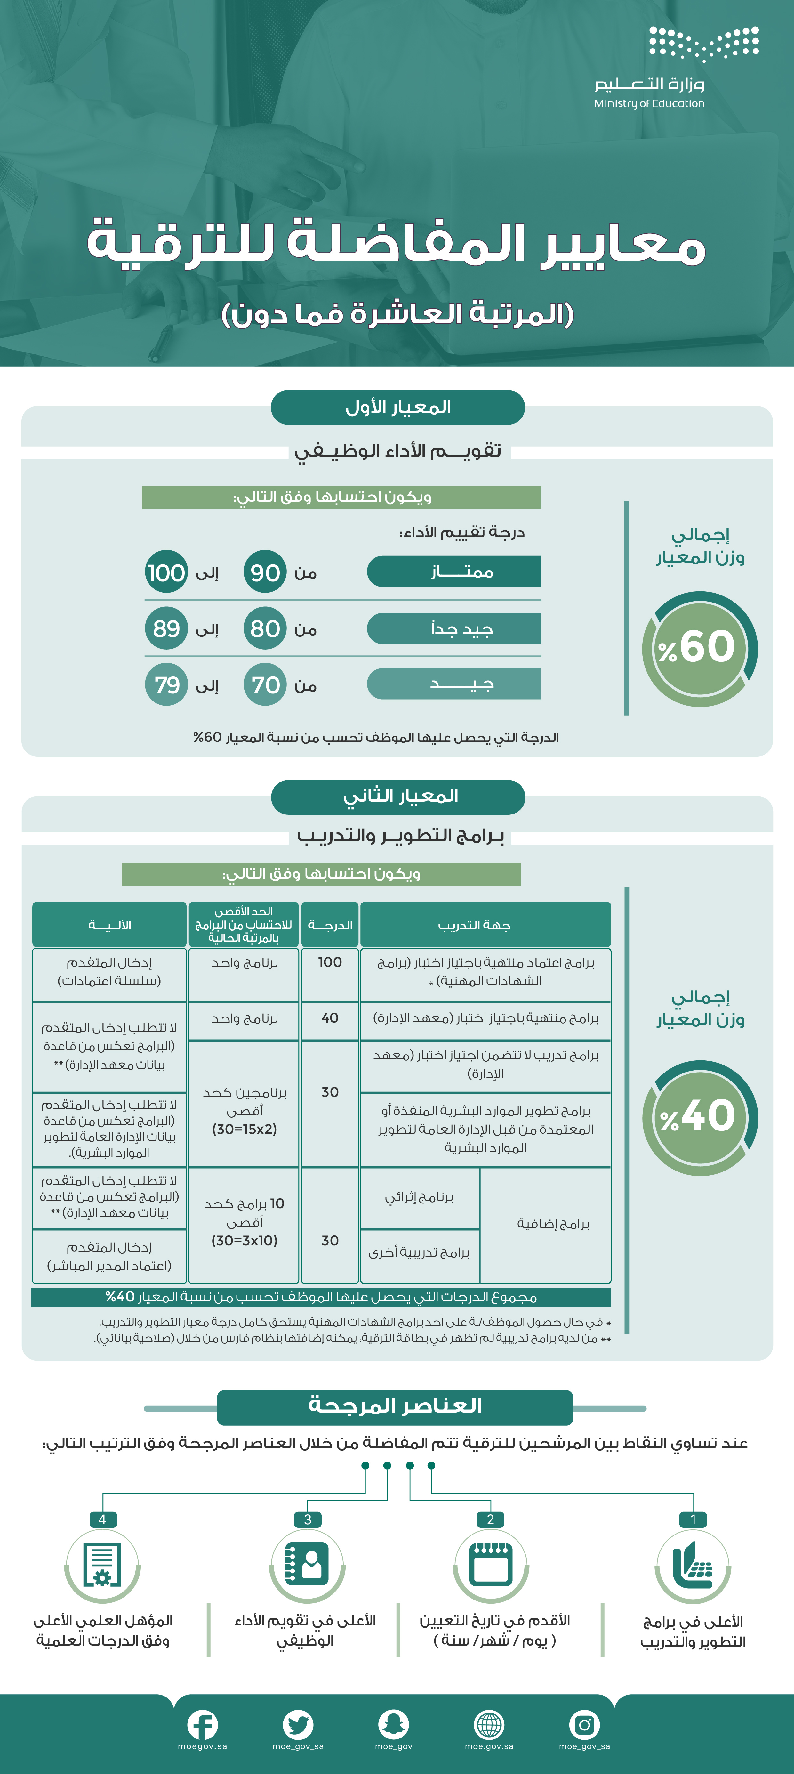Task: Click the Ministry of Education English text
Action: click(649, 103)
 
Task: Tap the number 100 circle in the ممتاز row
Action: click(166, 572)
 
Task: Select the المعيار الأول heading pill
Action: click(398, 407)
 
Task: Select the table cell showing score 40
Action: click(330, 1019)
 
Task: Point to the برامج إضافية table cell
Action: click(545, 1224)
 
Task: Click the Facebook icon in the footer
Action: click(203, 1725)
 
